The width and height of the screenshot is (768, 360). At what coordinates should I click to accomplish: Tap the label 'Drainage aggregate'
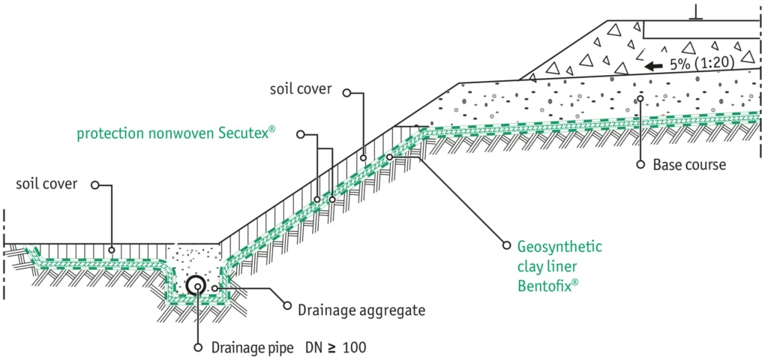(x=361, y=310)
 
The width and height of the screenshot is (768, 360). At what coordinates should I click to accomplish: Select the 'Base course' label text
(x=689, y=164)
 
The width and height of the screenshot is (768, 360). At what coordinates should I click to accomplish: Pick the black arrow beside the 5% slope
(x=654, y=66)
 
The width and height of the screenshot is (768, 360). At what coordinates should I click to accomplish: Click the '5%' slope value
(x=679, y=64)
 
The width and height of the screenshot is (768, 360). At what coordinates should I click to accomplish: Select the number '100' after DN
(x=353, y=348)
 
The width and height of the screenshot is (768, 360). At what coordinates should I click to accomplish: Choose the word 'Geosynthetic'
(x=559, y=246)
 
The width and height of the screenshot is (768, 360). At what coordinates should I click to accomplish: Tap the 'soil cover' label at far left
(x=47, y=184)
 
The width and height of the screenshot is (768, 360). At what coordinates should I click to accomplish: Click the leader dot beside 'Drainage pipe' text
(x=198, y=348)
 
